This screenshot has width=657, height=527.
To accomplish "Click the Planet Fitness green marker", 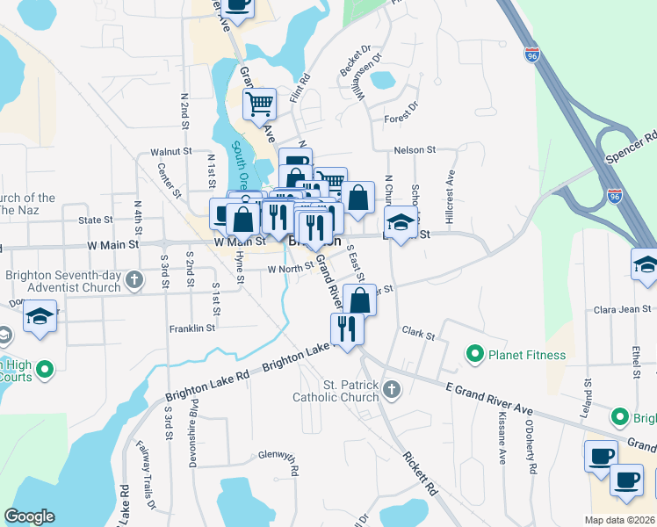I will click(x=475, y=355).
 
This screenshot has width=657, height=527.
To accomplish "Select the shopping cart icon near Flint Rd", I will click(x=260, y=105).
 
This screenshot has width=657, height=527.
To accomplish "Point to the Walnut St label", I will click(x=171, y=151).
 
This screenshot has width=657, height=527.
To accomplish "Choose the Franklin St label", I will click(x=192, y=328).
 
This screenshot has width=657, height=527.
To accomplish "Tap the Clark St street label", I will click(x=418, y=334).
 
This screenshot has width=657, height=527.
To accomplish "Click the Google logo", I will click(x=29, y=516).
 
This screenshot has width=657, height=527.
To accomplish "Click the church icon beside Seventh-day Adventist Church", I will click(x=134, y=280).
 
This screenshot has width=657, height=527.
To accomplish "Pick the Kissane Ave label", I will click(x=502, y=437).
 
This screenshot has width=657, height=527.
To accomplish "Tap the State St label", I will click(x=96, y=220).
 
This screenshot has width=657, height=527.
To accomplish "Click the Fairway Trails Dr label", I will click(x=145, y=475).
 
